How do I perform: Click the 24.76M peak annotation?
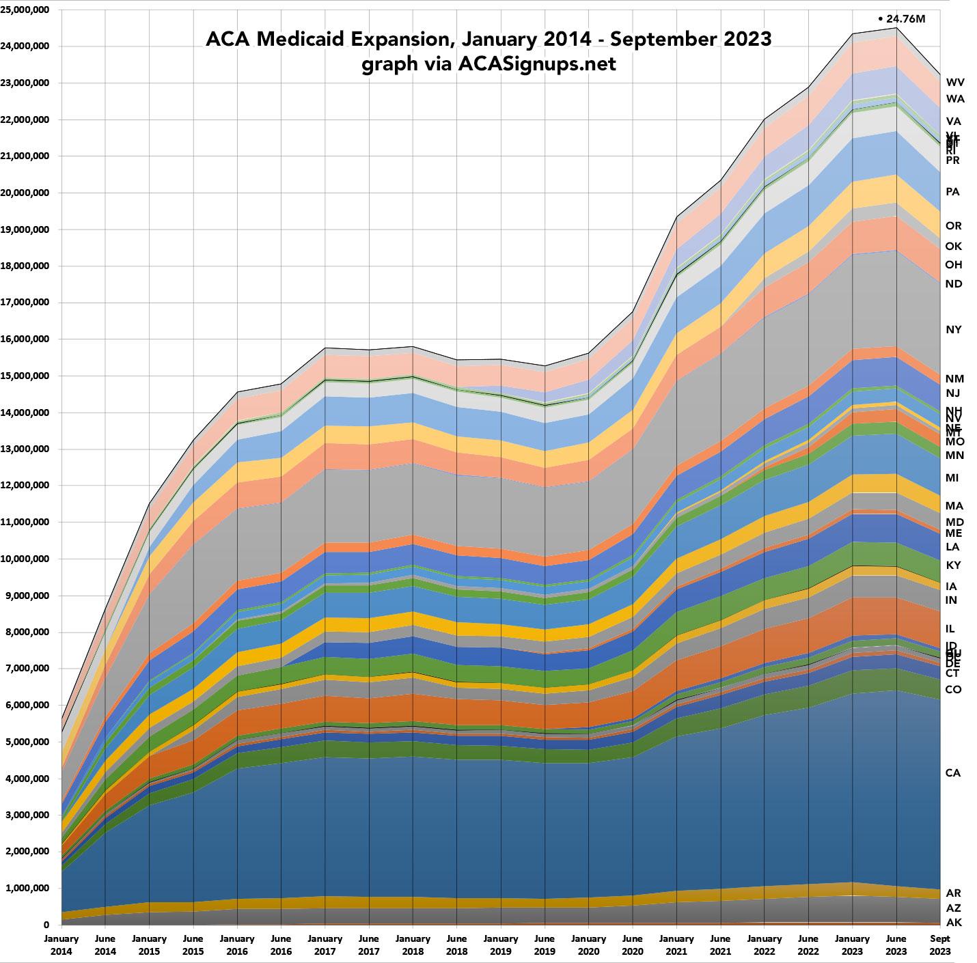tap(902, 18)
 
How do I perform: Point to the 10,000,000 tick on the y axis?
tap(29, 559)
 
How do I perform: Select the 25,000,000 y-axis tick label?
tap(29, 10)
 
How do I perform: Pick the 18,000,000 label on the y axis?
tap(29, 266)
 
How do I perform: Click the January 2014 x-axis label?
tap(61, 944)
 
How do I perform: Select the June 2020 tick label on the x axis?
tap(633, 944)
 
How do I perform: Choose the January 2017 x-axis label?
tap(325, 944)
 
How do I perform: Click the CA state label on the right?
tap(953, 772)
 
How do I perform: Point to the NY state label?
tap(953, 329)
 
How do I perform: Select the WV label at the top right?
tap(955, 82)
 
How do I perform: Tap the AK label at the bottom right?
tap(953, 922)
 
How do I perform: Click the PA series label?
tap(952, 192)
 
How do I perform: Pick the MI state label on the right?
tap(952, 477)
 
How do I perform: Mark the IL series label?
tap(950, 628)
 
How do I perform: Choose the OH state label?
tap(953, 264)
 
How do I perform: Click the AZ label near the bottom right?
tap(953, 908)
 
